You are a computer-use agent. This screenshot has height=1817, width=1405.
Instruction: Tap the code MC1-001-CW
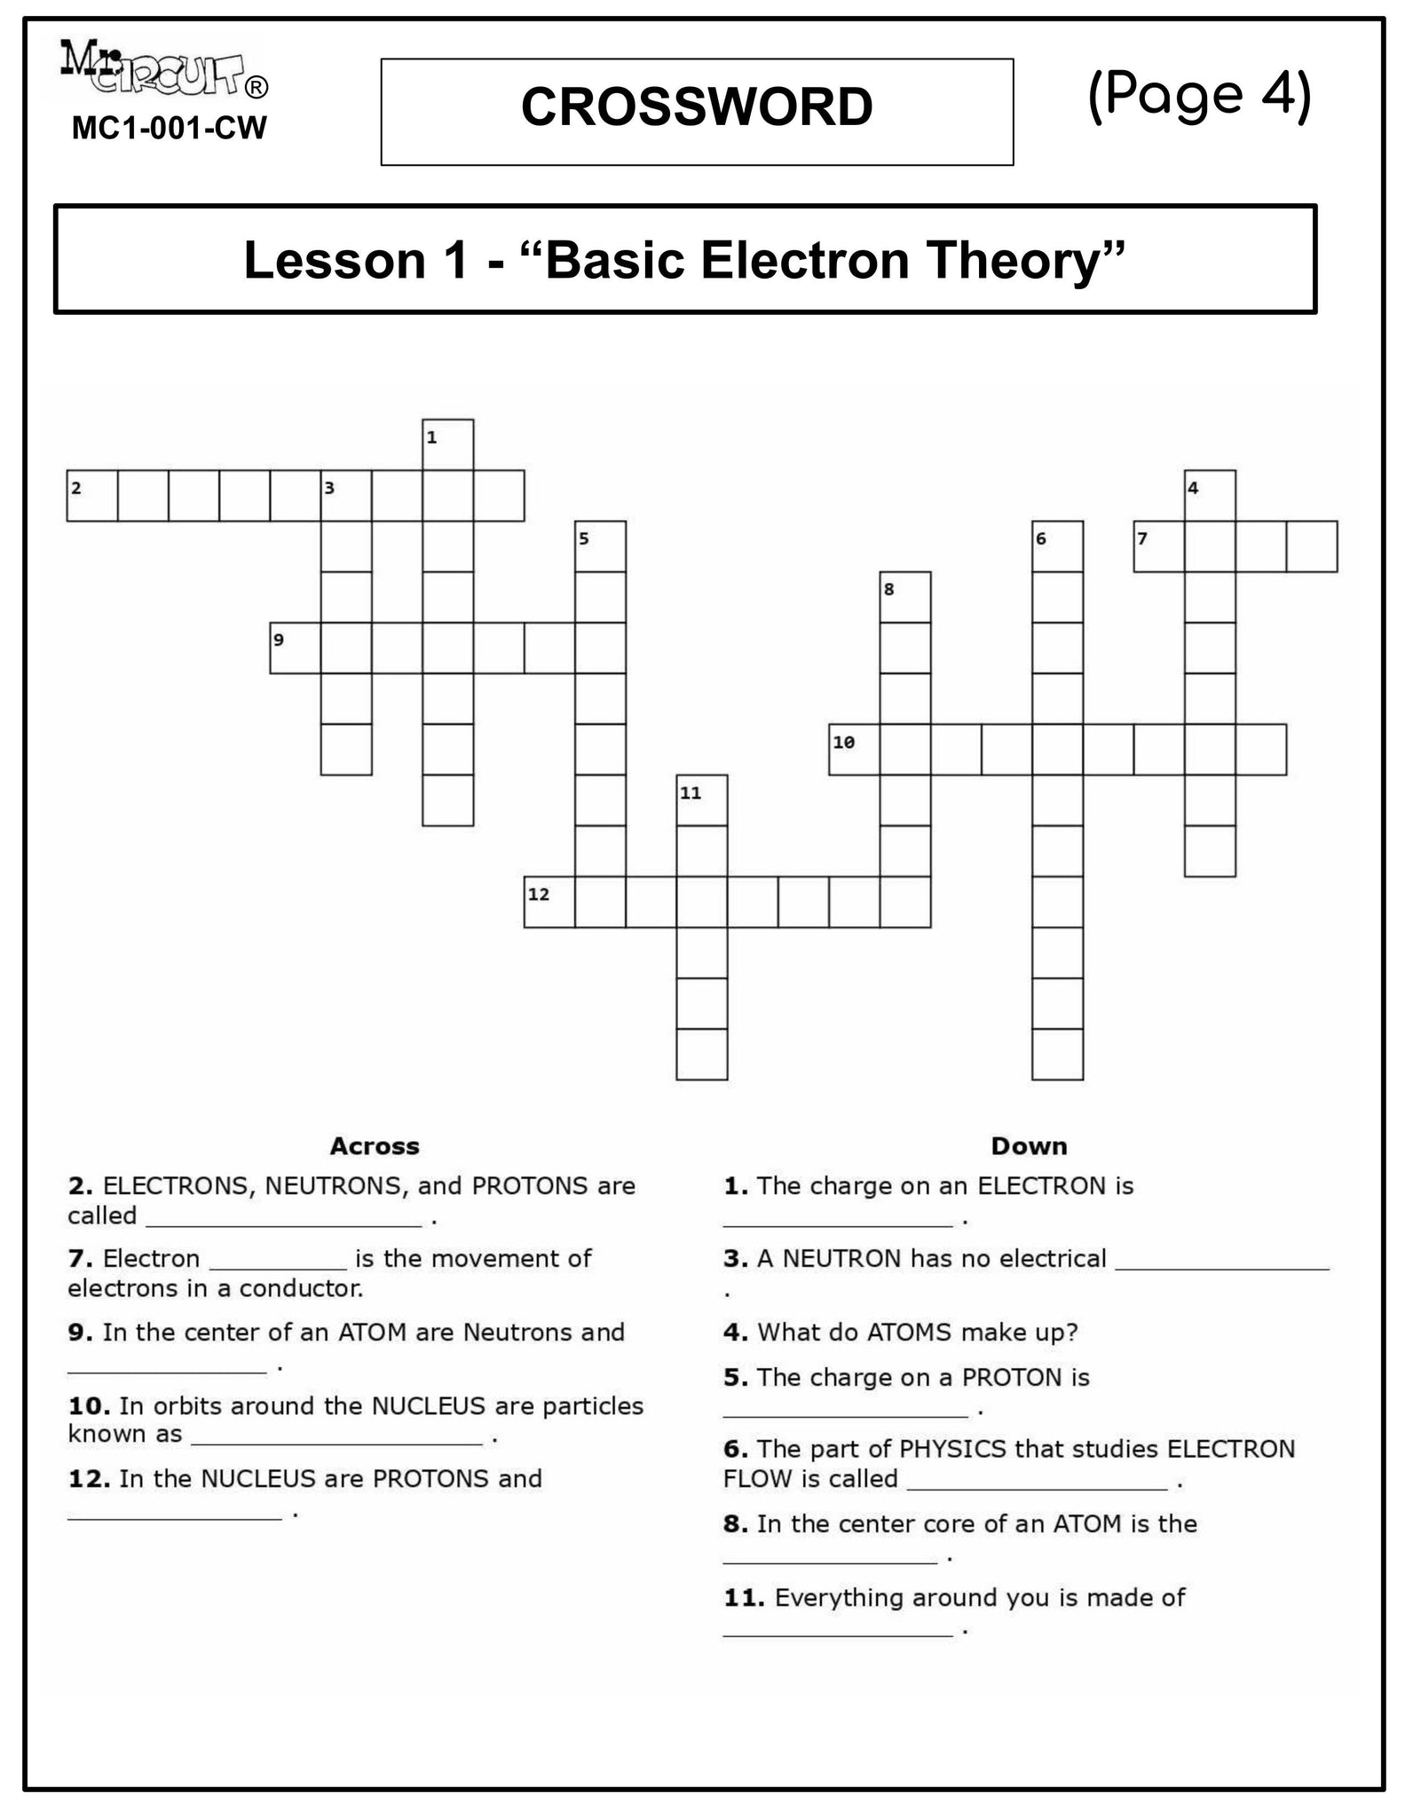pyautogui.click(x=169, y=129)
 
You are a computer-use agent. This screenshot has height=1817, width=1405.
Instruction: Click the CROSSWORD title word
pyautogui.click(x=697, y=107)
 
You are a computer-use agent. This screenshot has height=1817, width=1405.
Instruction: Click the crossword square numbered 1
pyautogui.click(x=448, y=444)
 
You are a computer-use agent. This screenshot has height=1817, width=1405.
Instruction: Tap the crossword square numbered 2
pyautogui.click(x=92, y=495)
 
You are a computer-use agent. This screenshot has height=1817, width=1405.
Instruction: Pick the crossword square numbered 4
pyautogui.click(x=1210, y=495)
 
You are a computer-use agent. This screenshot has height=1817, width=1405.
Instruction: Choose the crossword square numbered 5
pyautogui.click(x=601, y=546)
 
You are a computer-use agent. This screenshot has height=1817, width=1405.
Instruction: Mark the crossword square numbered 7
pyautogui.click(x=1159, y=546)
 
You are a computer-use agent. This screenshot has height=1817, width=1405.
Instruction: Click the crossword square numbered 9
pyautogui.click(x=296, y=648)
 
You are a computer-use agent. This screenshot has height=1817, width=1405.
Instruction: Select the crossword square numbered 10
pyautogui.click(x=854, y=750)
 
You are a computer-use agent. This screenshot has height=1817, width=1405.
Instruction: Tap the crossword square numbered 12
pyautogui.click(x=549, y=902)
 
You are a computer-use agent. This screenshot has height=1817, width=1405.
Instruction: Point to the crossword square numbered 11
pyautogui.click(x=702, y=800)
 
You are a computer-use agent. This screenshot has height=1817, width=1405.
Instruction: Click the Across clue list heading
pyautogui.click(x=375, y=1146)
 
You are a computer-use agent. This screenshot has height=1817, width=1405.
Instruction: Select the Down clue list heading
pyautogui.click(x=1029, y=1146)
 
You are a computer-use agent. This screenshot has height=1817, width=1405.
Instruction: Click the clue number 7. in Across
pyautogui.click(x=80, y=1259)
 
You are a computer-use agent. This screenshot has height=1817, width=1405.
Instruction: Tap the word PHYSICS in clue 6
pyautogui.click(x=953, y=1449)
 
